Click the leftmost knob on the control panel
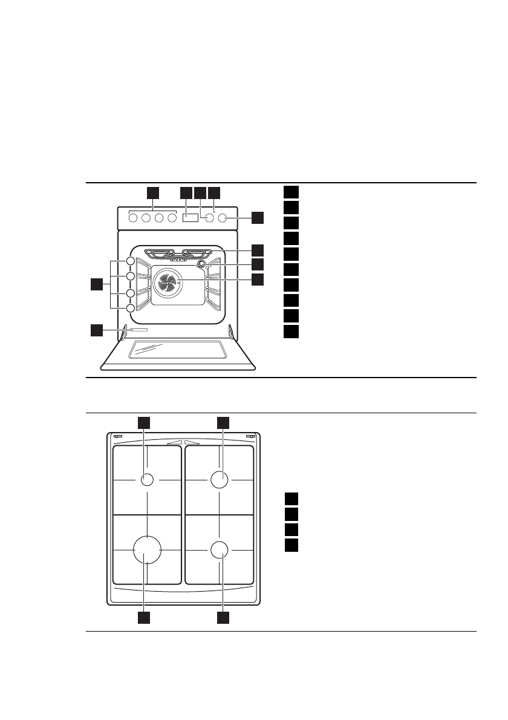point(133,218)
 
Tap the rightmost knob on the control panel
point(223,218)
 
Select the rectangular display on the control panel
point(190,218)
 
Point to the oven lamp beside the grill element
point(201,263)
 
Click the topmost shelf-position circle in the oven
point(131,261)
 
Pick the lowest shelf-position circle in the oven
point(131,309)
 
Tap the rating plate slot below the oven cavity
point(137,330)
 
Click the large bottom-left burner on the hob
point(147,549)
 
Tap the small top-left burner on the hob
point(146,480)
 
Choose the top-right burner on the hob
point(220,480)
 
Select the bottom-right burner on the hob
point(220,549)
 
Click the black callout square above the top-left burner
point(144,423)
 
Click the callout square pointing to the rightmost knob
point(258,218)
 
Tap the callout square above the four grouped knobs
point(153,192)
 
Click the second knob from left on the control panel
point(146,218)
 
